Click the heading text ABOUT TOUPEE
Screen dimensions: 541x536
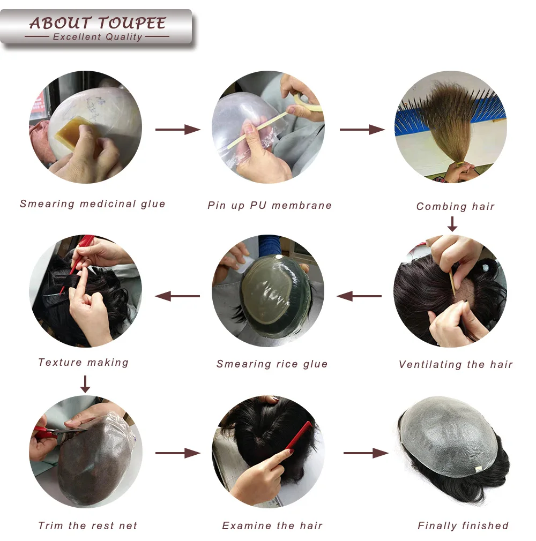(97, 23)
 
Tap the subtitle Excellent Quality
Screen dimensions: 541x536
(97, 37)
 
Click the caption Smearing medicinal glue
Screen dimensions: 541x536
(93, 204)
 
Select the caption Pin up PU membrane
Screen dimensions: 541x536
(270, 205)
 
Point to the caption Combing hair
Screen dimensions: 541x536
(455, 206)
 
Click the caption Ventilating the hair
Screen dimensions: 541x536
(456, 365)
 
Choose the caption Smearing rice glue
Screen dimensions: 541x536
(272, 364)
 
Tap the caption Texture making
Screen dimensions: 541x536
(84, 363)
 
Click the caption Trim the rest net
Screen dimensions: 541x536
(87, 525)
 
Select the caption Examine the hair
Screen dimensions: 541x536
(272, 525)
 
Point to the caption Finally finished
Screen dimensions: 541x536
(463, 525)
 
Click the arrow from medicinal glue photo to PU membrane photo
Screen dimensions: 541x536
(177, 129)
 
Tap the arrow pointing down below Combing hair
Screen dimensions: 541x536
(452, 224)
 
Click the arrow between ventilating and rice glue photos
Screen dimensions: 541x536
(359, 295)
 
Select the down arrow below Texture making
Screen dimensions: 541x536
(85, 384)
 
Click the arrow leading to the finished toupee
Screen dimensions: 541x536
(366, 453)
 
